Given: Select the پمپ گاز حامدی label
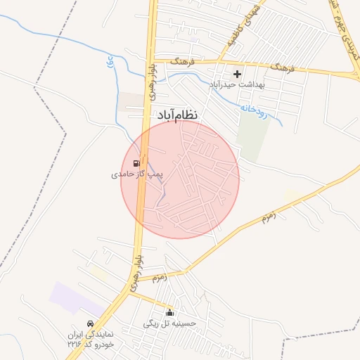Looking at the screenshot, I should [x=136, y=174].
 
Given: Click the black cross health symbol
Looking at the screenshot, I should [x=237, y=74].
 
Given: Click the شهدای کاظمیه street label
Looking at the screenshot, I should [x=243, y=25].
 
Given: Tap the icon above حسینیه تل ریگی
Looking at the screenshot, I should [x=169, y=313].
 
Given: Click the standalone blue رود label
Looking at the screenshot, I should [x=110, y=62].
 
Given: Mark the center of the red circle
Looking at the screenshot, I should [x=181, y=179].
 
